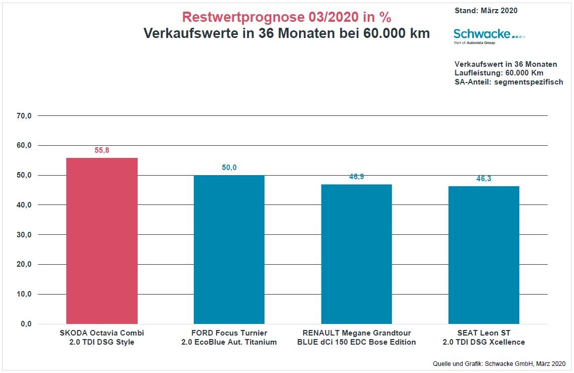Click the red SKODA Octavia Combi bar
(102, 241)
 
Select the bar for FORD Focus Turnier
(229, 250)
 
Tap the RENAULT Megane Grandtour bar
(356, 254)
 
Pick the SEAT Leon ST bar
(484, 255)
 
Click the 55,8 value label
(102, 150)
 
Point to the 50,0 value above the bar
(229, 168)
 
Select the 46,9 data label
(356, 177)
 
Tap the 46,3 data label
(484, 179)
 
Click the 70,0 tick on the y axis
(24, 116)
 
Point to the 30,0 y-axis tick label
(24, 235)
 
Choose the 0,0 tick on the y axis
(26, 324)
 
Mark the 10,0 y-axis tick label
(24, 294)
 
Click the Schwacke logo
(489, 35)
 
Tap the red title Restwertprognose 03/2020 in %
(286, 17)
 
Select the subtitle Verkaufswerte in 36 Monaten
(286, 33)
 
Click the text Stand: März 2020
(486, 10)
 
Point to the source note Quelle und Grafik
(499, 363)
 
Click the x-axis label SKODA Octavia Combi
(102, 333)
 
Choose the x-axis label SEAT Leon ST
(484, 333)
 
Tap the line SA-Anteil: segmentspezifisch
(509, 82)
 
